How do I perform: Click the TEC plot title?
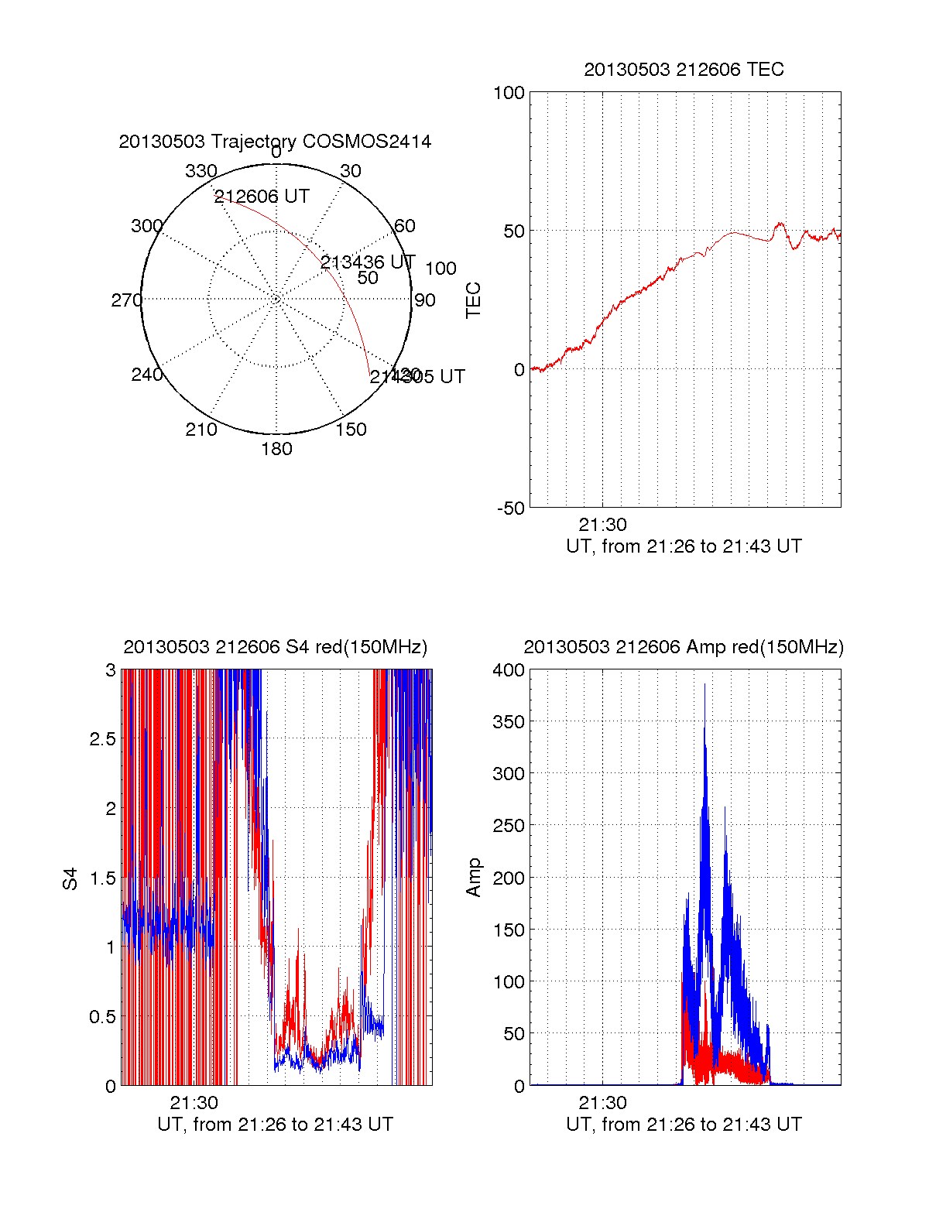tap(684, 70)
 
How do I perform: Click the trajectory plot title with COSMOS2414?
tap(275, 142)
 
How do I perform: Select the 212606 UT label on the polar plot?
tap(262, 197)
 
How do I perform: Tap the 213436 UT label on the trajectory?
tap(368, 262)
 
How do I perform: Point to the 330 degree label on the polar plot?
tap(201, 171)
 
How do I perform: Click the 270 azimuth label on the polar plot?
tap(126, 300)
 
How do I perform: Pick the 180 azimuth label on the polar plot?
tap(276, 449)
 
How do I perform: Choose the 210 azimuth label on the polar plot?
tap(201, 430)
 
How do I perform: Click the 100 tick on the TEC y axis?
tap(509, 93)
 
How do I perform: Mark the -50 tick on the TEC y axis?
tap(510, 508)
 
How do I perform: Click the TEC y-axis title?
tap(473, 300)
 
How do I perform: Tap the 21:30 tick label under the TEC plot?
tap(602, 526)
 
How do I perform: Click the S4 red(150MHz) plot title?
tap(275, 647)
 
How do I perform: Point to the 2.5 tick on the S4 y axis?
tap(102, 739)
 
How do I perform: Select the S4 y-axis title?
tap(70, 878)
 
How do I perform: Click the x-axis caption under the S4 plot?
tap(275, 1125)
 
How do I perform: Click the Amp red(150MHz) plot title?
tap(684, 647)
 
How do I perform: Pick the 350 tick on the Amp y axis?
tap(509, 722)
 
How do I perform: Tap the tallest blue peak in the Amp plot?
tap(704, 686)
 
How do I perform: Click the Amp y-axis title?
tap(473, 878)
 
